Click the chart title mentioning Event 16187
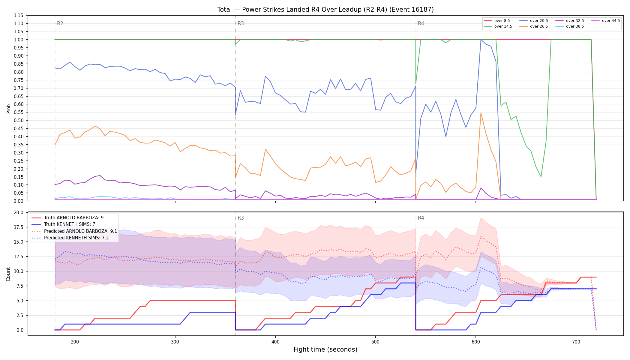325,10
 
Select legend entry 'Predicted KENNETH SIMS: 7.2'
70,238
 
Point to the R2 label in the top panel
60,23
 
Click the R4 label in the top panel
421,23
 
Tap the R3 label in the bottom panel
241,218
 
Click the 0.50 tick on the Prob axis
19,120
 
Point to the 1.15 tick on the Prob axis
19,15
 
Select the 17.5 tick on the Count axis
19,227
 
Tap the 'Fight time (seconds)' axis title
325,349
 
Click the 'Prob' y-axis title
8,109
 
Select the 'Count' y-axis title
8,274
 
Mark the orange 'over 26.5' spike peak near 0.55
481,112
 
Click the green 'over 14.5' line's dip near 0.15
541,177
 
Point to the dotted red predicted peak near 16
481,237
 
